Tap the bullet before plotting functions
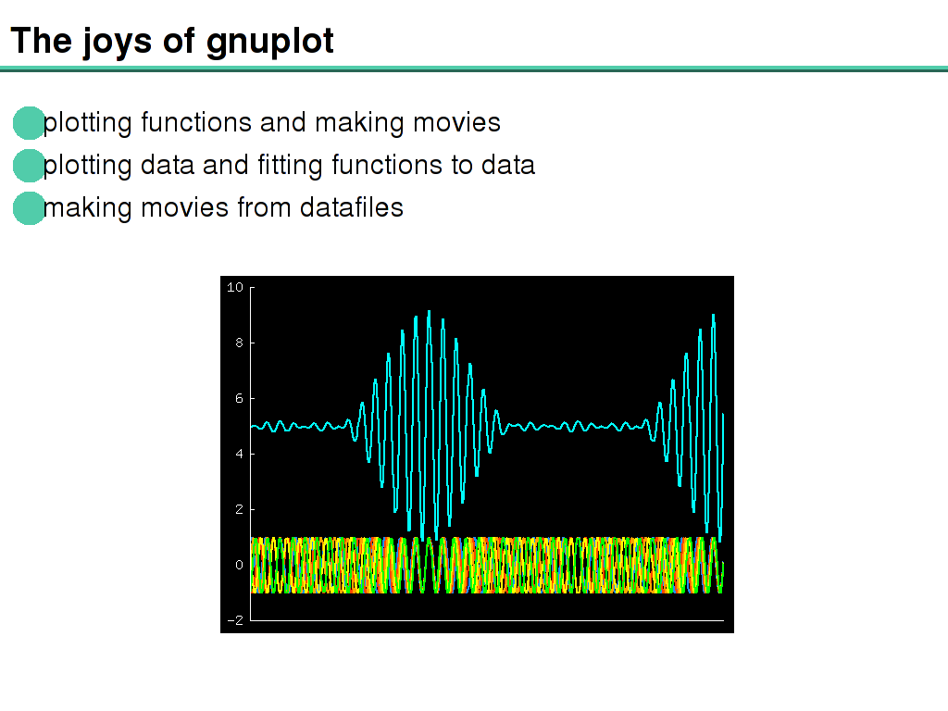pos(29,123)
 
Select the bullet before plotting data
pos(29,166)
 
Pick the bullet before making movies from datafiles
pos(29,208)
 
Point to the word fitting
pos(290,166)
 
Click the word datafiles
pos(351,207)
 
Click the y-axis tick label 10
pos(235,287)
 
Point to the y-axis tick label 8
pos(240,343)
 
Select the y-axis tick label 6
pos(240,398)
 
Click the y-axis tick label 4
pos(240,454)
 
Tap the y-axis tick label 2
pos(240,509)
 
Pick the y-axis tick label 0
pos(240,565)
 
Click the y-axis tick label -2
pos(235,620)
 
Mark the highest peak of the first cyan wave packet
pos(429,311)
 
